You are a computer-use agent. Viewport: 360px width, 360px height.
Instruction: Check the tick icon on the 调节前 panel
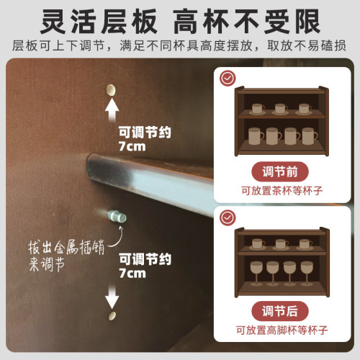(x=228, y=76)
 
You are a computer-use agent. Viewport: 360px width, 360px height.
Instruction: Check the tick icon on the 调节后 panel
(x=228, y=215)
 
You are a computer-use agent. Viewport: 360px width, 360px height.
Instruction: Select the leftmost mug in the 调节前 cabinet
(x=255, y=136)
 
